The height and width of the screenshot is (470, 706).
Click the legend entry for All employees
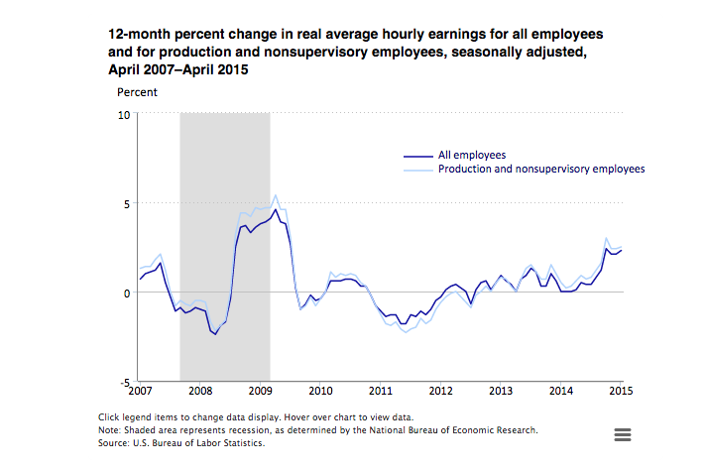pos(473,156)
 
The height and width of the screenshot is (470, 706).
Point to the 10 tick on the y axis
pos(125,114)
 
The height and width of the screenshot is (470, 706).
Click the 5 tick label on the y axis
pos(127,203)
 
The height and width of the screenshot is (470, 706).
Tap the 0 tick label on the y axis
pos(127,293)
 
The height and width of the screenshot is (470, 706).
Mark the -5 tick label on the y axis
pos(124,382)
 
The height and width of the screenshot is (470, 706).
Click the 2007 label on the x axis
pos(139,393)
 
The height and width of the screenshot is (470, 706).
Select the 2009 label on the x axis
pos(260,393)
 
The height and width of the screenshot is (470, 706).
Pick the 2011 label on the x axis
pos(381,393)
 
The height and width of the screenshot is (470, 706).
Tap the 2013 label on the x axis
pos(502,393)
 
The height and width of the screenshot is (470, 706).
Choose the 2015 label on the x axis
pos(621,393)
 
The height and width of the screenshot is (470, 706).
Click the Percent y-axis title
pos(137,93)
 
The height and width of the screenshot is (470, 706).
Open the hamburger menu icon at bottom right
pos(623,434)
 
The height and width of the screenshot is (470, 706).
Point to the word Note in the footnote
pos(111,430)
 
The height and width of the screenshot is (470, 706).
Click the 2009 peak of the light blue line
pos(275,195)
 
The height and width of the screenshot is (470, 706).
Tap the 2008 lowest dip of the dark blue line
pos(214,335)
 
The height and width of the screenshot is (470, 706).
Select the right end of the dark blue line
pos(621,250)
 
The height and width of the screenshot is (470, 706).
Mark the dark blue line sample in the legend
pos(417,156)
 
